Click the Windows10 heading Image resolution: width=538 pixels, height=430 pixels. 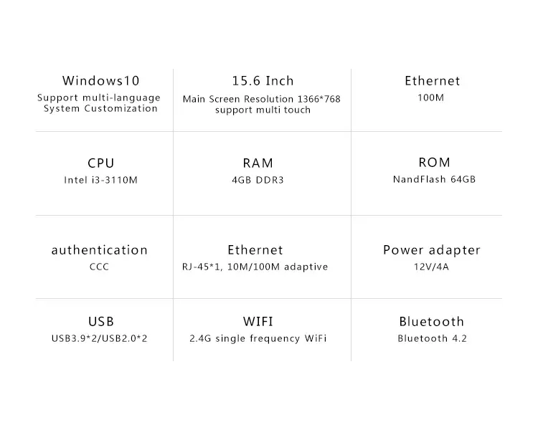[x=101, y=80]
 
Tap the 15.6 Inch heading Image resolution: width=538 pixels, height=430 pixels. [x=263, y=80]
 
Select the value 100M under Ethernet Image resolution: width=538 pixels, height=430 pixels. [x=431, y=97]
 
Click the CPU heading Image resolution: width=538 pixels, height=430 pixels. [x=101, y=163]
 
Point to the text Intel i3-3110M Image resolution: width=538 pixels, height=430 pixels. [x=101, y=180]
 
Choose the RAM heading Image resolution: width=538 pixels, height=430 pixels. [x=258, y=163]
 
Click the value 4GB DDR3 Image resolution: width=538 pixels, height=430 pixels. [x=258, y=180]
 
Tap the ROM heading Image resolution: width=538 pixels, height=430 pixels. [x=435, y=162]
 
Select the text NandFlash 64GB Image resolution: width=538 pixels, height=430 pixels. [x=435, y=179]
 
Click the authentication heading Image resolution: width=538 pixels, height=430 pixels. [x=100, y=250]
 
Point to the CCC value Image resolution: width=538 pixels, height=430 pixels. [x=99, y=267]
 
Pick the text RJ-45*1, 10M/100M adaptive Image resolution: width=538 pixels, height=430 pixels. [x=255, y=267]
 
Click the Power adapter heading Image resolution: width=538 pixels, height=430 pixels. [x=432, y=250]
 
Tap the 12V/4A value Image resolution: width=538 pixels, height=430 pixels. [x=431, y=267]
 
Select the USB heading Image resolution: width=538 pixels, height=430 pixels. [x=101, y=321]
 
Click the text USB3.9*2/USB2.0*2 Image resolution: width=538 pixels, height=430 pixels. [x=99, y=338]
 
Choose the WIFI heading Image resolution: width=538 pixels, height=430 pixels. [x=258, y=321]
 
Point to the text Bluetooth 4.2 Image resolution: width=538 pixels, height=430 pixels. [x=433, y=338]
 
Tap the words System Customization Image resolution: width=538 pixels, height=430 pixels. [x=100, y=109]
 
